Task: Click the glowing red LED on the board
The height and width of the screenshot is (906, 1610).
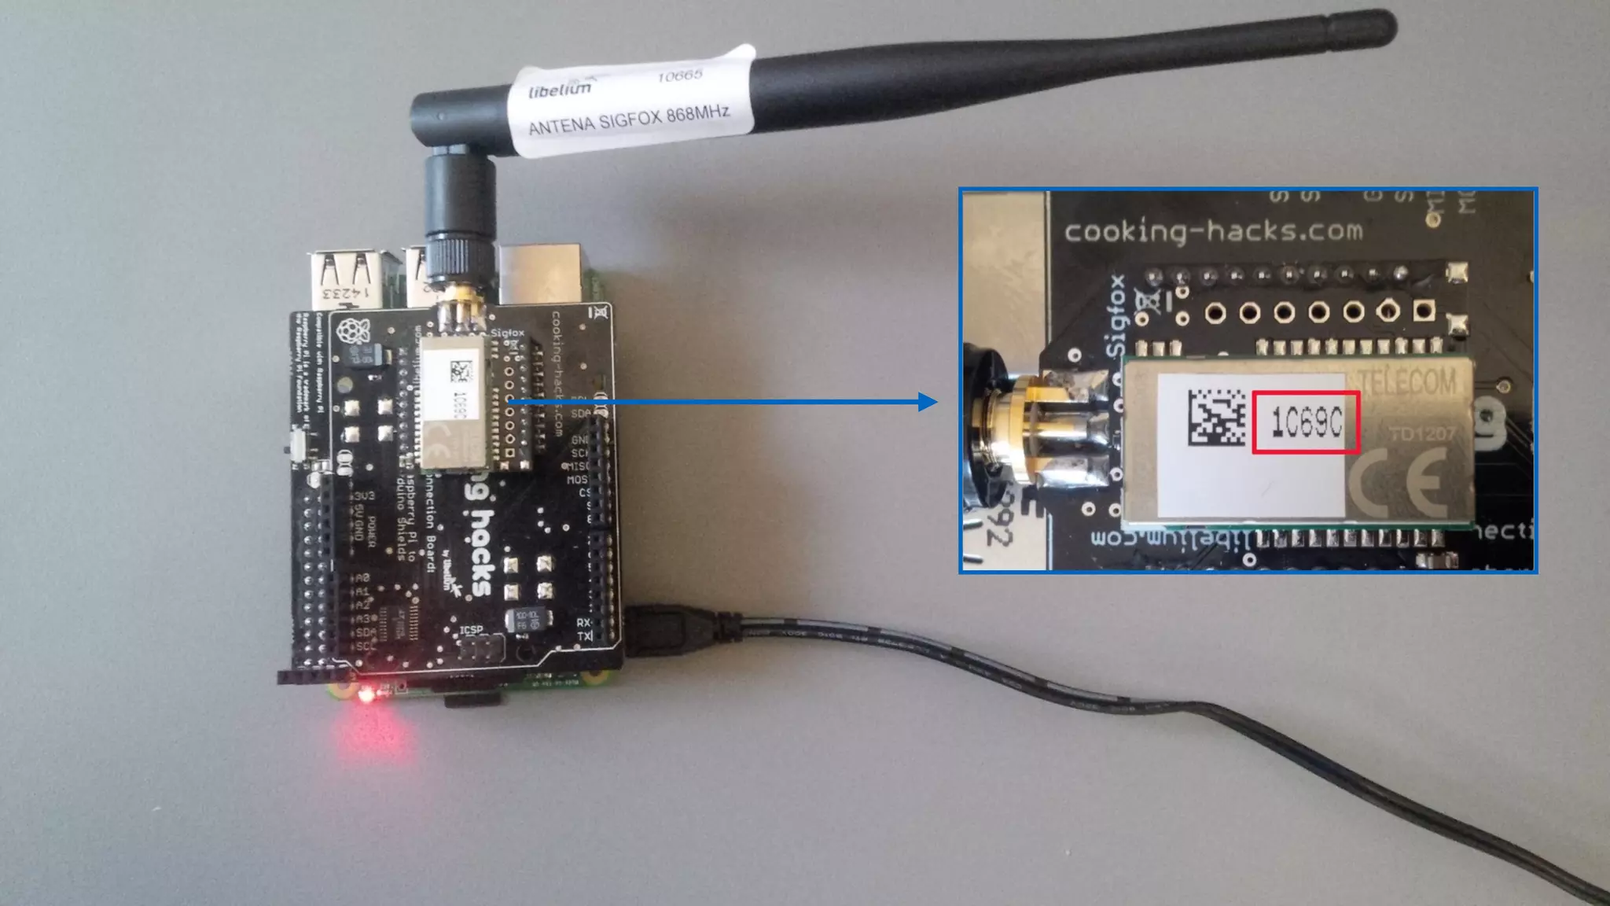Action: [x=366, y=694]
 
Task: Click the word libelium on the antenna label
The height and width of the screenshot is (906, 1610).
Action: [x=560, y=89]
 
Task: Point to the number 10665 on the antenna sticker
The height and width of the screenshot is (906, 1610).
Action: [x=679, y=75]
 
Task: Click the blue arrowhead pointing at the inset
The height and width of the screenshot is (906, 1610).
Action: [x=928, y=403]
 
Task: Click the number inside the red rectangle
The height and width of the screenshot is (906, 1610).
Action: [x=1307, y=423]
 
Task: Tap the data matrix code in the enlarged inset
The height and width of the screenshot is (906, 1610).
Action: [x=1216, y=417]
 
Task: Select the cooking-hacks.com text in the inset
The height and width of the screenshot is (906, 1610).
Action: [x=1213, y=231]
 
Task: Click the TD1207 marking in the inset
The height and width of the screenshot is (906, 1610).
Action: [x=1422, y=433]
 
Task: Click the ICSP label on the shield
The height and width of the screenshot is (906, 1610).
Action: [x=471, y=629]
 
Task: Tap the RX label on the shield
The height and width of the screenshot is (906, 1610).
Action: [x=583, y=622]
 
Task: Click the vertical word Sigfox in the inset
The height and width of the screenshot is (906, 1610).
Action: [x=1115, y=315]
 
